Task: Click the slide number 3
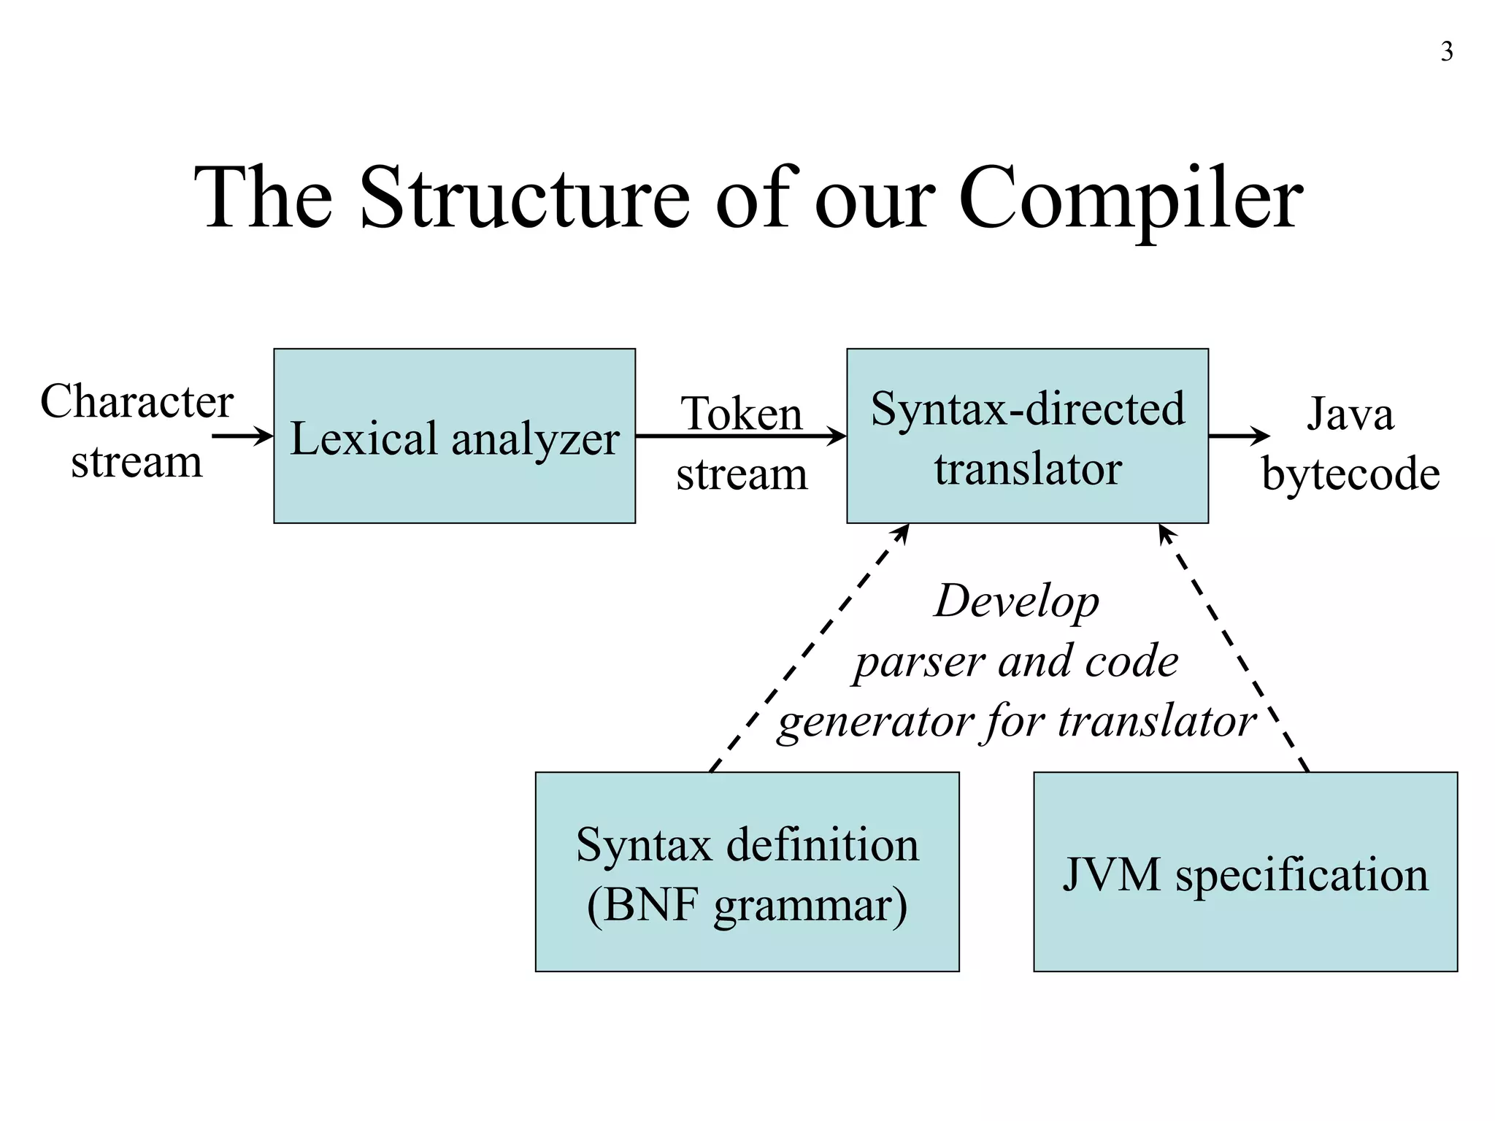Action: pos(1446,53)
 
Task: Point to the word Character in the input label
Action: pos(137,401)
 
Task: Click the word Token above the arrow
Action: pos(741,413)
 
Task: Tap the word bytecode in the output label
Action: pos(1350,474)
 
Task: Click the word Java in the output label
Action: pos(1350,413)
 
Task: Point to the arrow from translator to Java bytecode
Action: pos(1239,436)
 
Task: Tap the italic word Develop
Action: pos(1016,602)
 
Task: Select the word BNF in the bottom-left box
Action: pos(645,905)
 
